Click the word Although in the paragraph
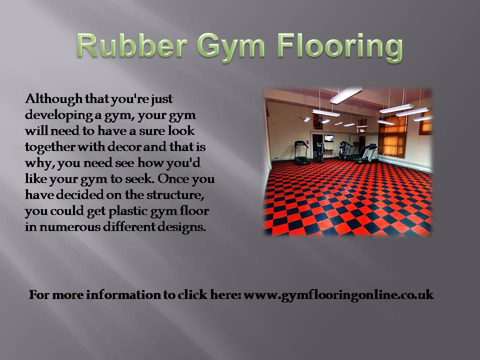click(x=54, y=99)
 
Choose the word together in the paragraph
click(x=49, y=147)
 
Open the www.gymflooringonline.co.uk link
click(x=339, y=295)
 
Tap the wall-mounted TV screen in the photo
click(x=329, y=138)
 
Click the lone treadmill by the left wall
click(x=301, y=152)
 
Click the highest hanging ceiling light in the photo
click(x=346, y=95)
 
